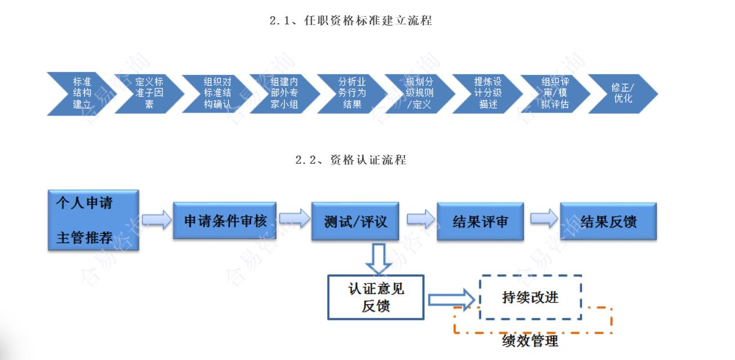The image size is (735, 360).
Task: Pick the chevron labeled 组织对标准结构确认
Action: (x=216, y=93)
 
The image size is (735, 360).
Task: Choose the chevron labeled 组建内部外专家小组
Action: (x=284, y=93)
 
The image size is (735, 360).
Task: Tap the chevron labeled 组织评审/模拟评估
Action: (x=555, y=93)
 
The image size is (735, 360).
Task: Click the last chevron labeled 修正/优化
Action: (x=622, y=93)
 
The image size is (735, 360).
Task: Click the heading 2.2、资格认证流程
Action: (x=351, y=160)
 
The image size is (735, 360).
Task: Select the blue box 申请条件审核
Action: (x=225, y=221)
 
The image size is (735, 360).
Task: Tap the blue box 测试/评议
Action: (x=355, y=221)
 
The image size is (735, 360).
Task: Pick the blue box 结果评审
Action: (x=479, y=221)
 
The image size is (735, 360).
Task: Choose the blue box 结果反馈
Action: (x=608, y=221)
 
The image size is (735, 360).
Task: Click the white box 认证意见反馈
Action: (x=375, y=297)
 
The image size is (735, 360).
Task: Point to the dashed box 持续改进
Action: (x=530, y=297)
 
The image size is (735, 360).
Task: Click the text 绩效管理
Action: (x=530, y=341)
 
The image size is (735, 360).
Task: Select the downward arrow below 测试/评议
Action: (x=378, y=257)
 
